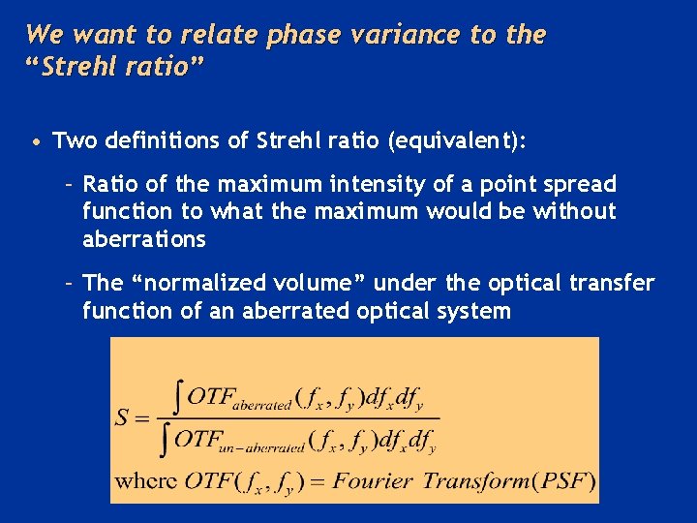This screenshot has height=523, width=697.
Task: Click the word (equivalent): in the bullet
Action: (x=458, y=141)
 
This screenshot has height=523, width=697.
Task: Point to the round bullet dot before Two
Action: (x=35, y=142)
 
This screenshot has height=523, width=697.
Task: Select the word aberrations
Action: (x=144, y=239)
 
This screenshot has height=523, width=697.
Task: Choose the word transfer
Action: (x=615, y=283)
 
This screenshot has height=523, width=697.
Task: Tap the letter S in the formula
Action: (x=123, y=418)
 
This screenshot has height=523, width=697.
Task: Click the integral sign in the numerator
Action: (x=176, y=395)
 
